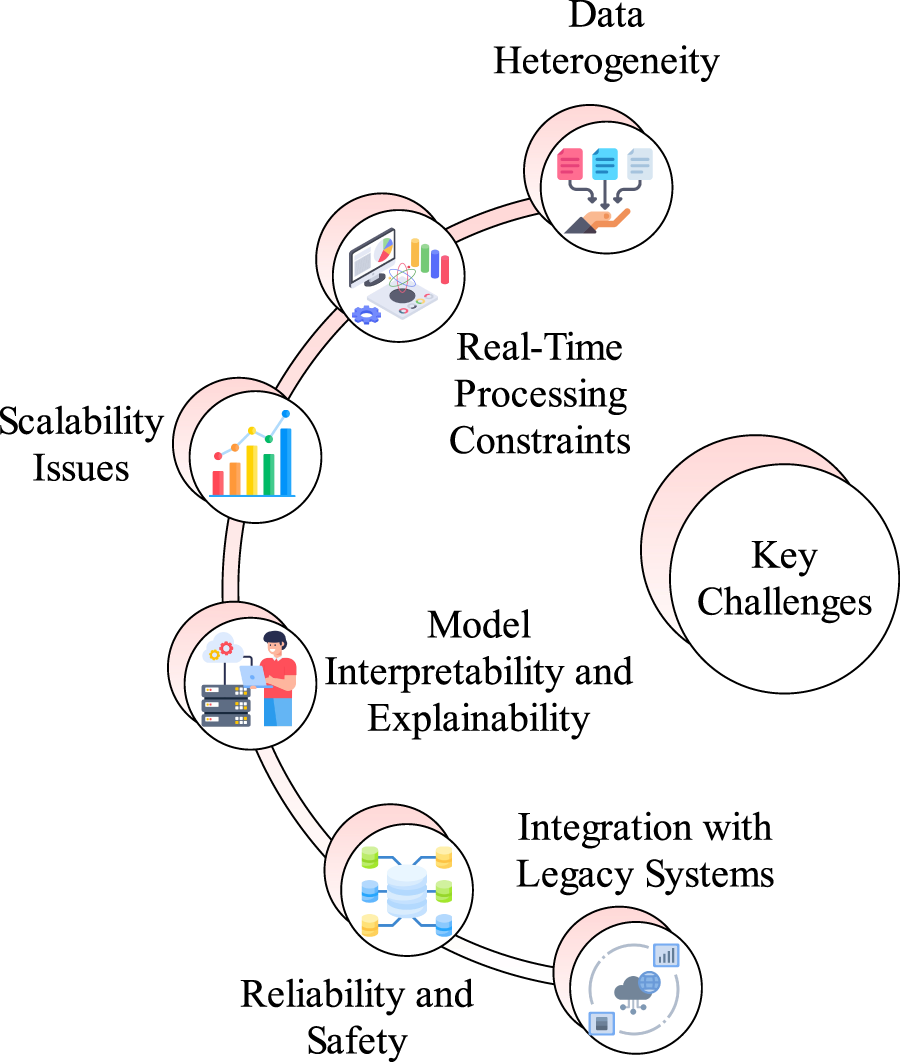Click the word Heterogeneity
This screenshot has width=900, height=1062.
click(606, 62)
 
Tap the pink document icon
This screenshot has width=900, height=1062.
click(570, 164)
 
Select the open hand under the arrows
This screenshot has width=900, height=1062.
click(598, 221)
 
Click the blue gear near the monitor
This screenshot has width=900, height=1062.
click(366, 314)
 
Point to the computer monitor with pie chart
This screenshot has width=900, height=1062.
click(372, 258)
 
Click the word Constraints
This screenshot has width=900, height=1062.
click(540, 441)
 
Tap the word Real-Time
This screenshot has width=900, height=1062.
click(540, 347)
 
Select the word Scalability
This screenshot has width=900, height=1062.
click(81, 423)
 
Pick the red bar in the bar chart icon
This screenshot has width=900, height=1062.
click(218, 483)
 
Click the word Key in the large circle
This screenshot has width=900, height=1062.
click(784, 557)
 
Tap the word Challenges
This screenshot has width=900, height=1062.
click(784, 602)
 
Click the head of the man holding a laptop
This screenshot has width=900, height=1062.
click(275, 643)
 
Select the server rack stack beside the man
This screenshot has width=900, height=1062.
click(226, 705)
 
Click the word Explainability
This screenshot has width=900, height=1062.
click(479, 719)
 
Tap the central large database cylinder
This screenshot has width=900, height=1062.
click(407, 891)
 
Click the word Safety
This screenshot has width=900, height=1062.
click(357, 1041)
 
